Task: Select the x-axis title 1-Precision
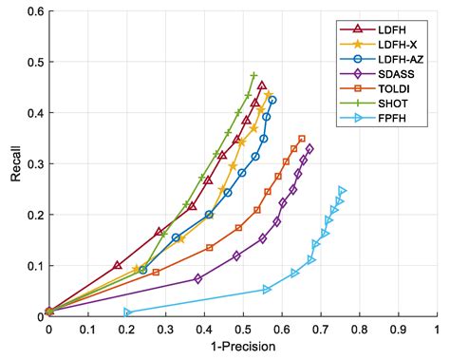(x=242, y=347)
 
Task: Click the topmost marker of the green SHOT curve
(x=253, y=75)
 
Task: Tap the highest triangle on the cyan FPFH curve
(x=342, y=191)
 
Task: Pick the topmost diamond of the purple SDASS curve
(x=309, y=149)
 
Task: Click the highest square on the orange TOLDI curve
(x=302, y=139)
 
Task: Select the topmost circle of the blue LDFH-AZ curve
(x=272, y=100)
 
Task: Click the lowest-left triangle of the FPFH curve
(x=128, y=312)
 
